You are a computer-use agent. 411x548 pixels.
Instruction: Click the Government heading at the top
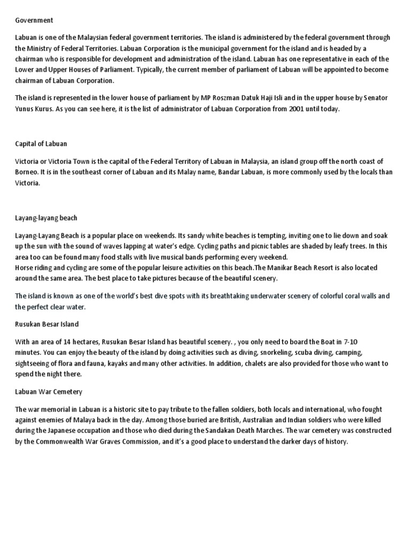click(34, 20)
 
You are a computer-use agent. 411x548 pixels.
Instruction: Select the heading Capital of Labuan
click(41, 144)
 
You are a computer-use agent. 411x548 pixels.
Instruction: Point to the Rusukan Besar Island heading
click(47, 324)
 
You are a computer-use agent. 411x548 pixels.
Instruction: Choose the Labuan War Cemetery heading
click(48, 392)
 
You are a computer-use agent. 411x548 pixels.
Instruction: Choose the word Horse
click(24, 268)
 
